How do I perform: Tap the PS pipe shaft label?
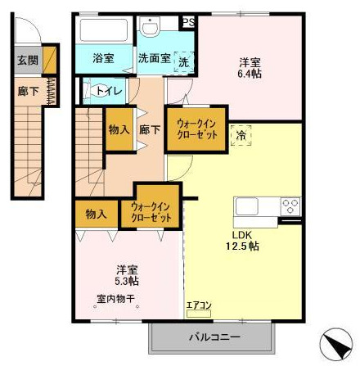(x=188, y=22)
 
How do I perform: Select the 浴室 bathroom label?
(x=102, y=58)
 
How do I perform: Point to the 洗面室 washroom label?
(x=153, y=58)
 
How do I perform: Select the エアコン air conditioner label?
(x=200, y=306)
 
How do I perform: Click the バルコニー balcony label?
(x=215, y=336)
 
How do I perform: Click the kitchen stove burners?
(x=290, y=205)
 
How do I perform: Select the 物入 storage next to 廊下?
(x=119, y=129)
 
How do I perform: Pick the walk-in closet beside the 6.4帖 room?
(x=196, y=129)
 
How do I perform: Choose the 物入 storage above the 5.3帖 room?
(x=97, y=215)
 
